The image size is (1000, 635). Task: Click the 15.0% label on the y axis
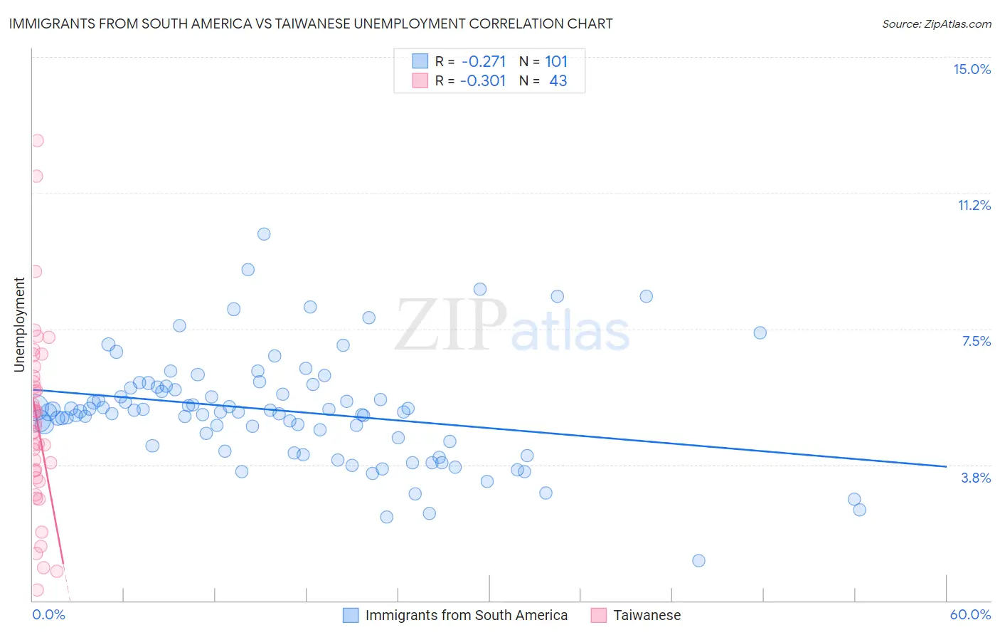pyautogui.click(x=972, y=69)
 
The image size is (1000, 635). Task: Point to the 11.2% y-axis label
pyautogui.click(x=974, y=205)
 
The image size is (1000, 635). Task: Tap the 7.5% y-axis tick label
pyautogui.click(x=976, y=341)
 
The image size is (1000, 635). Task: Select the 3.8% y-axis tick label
pyautogui.click(x=976, y=478)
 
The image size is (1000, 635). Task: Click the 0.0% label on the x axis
pyautogui.click(x=48, y=614)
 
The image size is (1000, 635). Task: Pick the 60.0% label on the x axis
pyautogui.click(x=970, y=614)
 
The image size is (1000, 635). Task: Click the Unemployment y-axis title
pyautogui.click(x=19, y=325)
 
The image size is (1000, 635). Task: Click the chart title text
pyautogui.click(x=311, y=23)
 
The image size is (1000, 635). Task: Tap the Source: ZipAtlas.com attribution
pyautogui.click(x=936, y=23)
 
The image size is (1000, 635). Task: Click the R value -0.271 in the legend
pyautogui.click(x=483, y=61)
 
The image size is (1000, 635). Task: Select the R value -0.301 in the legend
pyautogui.click(x=483, y=80)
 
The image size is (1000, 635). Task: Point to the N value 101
pyautogui.click(x=556, y=61)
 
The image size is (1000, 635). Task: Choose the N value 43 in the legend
pyautogui.click(x=558, y=80)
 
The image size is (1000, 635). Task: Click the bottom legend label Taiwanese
pyautogui.click(x=647, y=615)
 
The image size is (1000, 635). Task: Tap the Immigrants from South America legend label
pyautogui.click(x=466, y=615)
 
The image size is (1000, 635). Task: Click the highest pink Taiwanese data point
pyautogui.click(x=37, y=140)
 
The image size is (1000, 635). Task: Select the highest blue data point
pyautogui.click(x=264, y=233)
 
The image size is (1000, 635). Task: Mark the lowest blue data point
pyautogui.click(x=698, y=560)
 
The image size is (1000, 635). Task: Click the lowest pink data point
pyautogui.click(x=37, y=589)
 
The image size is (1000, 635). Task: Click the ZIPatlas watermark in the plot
pyautogui.click(x=512, y=325)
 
